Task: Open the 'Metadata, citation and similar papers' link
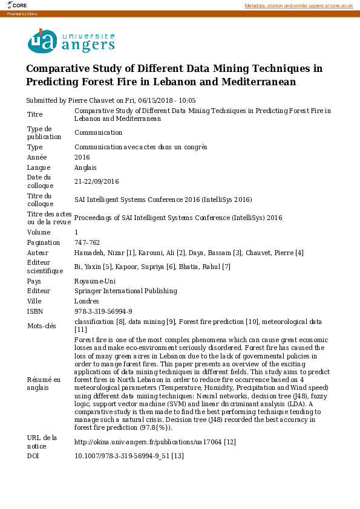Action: (x=298, y=5)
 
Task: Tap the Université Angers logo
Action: (x=71, y=42)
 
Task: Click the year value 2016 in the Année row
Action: (x=82, y=157)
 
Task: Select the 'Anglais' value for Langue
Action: (x=85, y=167)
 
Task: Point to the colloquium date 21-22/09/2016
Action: (x=97, y=181)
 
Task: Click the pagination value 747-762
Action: (x=87, y=242)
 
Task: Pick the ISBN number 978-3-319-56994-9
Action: (x=103, y=311)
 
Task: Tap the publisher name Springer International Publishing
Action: (x=126, y=291)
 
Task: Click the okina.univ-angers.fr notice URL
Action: (x=148, y=442)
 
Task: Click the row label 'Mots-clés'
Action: (x=41, y=325)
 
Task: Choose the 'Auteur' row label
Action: (x=38, y=253)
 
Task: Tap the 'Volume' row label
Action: (x=39, y=232)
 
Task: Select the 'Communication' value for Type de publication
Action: (x=98, y=132)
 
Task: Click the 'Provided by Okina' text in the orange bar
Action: (x=22, y=13)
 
